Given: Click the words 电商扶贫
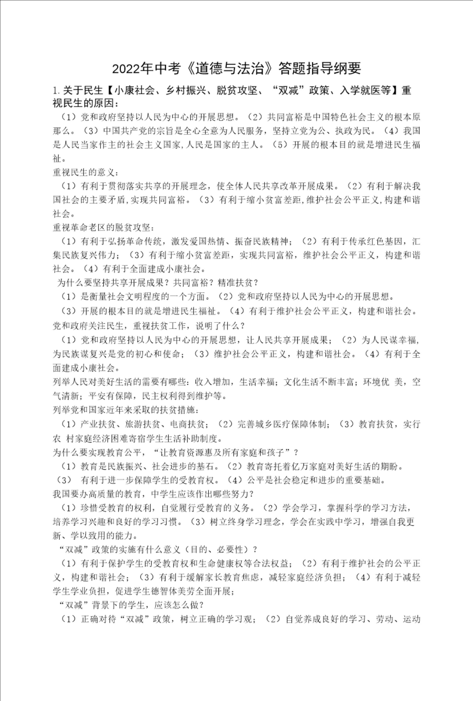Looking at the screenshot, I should click(x=187, y=424).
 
